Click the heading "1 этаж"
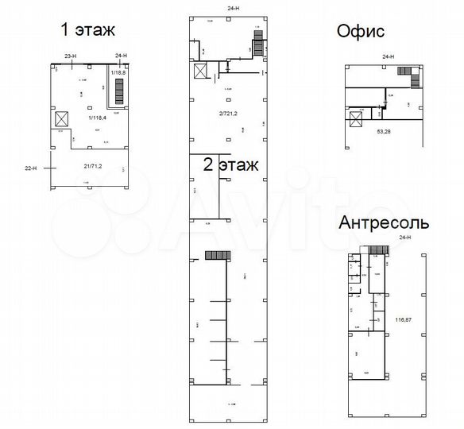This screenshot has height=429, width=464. [x=87, y=30]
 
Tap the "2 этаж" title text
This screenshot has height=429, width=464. [x=231, y=167]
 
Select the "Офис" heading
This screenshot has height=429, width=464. [x=361, y=32]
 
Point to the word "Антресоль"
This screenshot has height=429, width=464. [x=384, y=222]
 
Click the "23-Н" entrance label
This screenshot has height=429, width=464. [x=70, y=55]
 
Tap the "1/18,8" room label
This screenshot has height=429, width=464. [x=119, y=73]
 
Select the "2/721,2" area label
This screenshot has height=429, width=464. [x=229, y=112]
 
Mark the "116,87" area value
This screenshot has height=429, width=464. [x=403, y=319]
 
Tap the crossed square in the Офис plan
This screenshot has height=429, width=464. [x=354, y=120]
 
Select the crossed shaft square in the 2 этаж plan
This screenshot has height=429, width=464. [x=199, y=72]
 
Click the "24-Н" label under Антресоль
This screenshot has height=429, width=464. [x=405, y=238]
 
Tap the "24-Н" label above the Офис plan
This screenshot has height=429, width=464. [x=389, y=57]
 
